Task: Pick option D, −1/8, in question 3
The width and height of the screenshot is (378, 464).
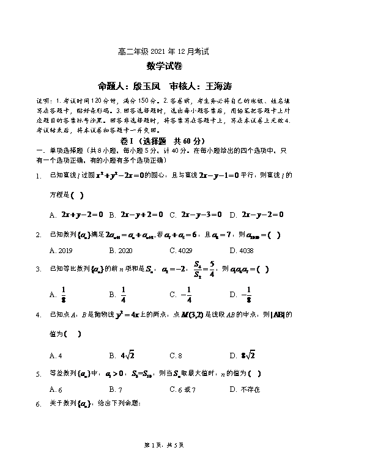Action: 249,295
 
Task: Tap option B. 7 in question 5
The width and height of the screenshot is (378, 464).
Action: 116,389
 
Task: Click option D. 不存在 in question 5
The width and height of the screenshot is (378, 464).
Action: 246,389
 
